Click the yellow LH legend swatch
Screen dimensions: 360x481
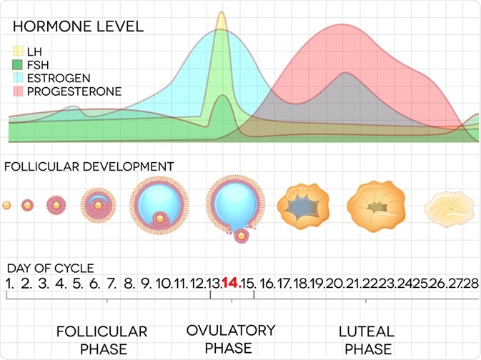coord(19,51)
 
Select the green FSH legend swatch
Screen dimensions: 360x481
coord(19,64)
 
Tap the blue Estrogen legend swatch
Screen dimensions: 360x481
coord(19,78)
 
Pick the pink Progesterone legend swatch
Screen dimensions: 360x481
coord(19,91)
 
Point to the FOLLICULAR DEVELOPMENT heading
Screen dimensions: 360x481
coord(89,166)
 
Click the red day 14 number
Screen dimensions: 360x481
coord(230,283)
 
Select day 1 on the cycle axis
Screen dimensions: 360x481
coord(9,284)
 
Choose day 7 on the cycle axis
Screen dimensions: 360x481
coord(111,284)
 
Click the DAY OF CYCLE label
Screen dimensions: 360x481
coord(50,269)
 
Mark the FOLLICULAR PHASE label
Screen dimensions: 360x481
coord(101,340)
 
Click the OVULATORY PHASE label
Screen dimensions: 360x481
coord(230,339)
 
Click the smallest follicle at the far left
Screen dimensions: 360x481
coord(6,206)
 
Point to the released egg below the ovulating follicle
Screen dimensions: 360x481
coord(242,234)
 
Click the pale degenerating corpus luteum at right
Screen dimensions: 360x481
coord(448,208)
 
